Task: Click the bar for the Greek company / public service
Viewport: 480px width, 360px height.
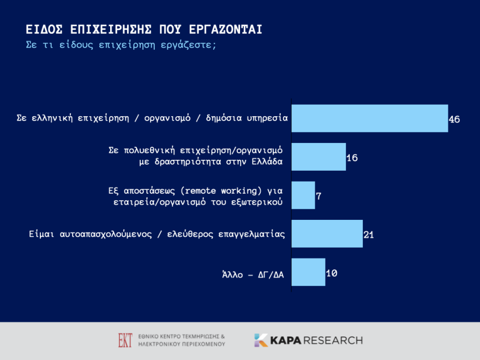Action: point(369,118)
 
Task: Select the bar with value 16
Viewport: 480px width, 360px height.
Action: point(319,157)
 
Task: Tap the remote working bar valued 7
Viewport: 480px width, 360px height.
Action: point(303,195)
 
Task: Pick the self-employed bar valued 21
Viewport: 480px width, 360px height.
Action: point(327,234)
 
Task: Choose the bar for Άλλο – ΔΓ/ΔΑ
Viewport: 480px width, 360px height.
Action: point(308,272)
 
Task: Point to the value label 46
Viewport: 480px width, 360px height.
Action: point(454,119)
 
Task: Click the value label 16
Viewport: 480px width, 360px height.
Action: point(352,158)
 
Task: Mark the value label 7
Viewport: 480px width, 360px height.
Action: point(319,196)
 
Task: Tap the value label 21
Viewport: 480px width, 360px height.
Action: point(369,235)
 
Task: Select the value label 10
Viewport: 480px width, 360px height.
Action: point(331,273)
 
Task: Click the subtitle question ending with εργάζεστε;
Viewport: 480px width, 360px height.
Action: point(121,45)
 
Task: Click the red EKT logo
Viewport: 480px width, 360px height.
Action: point(125,340)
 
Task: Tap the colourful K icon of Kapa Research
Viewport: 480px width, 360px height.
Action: point(261,340)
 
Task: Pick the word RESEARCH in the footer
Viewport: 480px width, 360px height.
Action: point(333,340)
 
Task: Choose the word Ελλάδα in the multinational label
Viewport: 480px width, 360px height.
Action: point(266,162)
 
